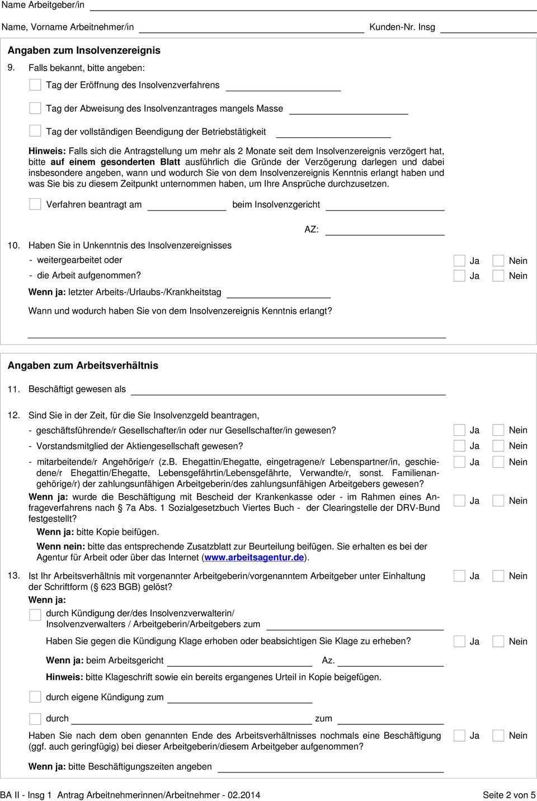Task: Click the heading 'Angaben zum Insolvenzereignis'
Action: tap(84, 50)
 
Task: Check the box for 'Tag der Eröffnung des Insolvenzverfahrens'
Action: tap(35, 85)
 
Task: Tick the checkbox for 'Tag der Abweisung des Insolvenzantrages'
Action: tap(35, 108)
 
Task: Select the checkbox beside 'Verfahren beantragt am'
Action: tap(35, 204)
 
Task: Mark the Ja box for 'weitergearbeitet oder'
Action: tap(459, 260)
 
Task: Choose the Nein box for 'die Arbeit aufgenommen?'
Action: tap(498, 276)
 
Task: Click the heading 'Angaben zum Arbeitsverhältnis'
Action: tap(83, 365)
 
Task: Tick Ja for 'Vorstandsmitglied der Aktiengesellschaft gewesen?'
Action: tap(459, 446)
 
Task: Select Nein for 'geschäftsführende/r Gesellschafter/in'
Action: tap(498, 430)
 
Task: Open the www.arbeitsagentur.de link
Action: tap(254, 557)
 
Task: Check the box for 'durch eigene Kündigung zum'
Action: tap(35, 697)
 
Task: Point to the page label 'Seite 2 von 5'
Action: tap(508, 795)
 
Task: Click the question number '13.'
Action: tap(13, 575)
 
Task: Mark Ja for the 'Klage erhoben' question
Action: tap(459, 641)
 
